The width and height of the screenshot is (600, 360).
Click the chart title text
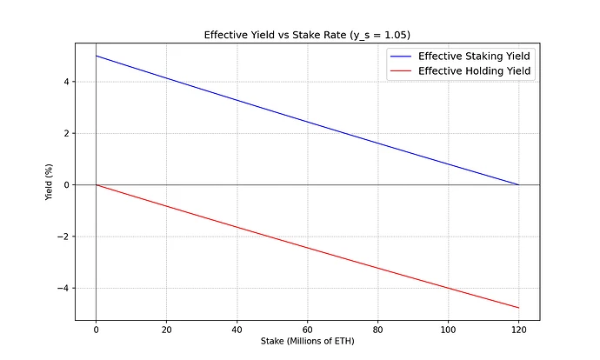[307, 36]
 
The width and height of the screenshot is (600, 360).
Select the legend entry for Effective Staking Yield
[475, 56]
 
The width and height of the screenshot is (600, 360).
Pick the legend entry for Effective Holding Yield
[475, 72]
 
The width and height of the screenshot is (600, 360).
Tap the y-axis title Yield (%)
[50, 184]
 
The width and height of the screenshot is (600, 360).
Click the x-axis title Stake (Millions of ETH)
[307, 341]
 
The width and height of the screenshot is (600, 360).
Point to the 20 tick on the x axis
[166, 329]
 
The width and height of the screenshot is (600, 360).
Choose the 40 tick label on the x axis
[237, 329]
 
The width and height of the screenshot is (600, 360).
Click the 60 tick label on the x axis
[307, 329]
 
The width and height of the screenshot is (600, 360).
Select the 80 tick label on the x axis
[377, 329]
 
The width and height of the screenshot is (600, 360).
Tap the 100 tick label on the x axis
[448, 329]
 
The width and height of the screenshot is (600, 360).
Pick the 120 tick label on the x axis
[518, 329]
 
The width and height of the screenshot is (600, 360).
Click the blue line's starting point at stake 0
[96, 56]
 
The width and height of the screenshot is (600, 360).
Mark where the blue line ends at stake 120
[518, 184]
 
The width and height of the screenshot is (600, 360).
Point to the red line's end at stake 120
[518, 308]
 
